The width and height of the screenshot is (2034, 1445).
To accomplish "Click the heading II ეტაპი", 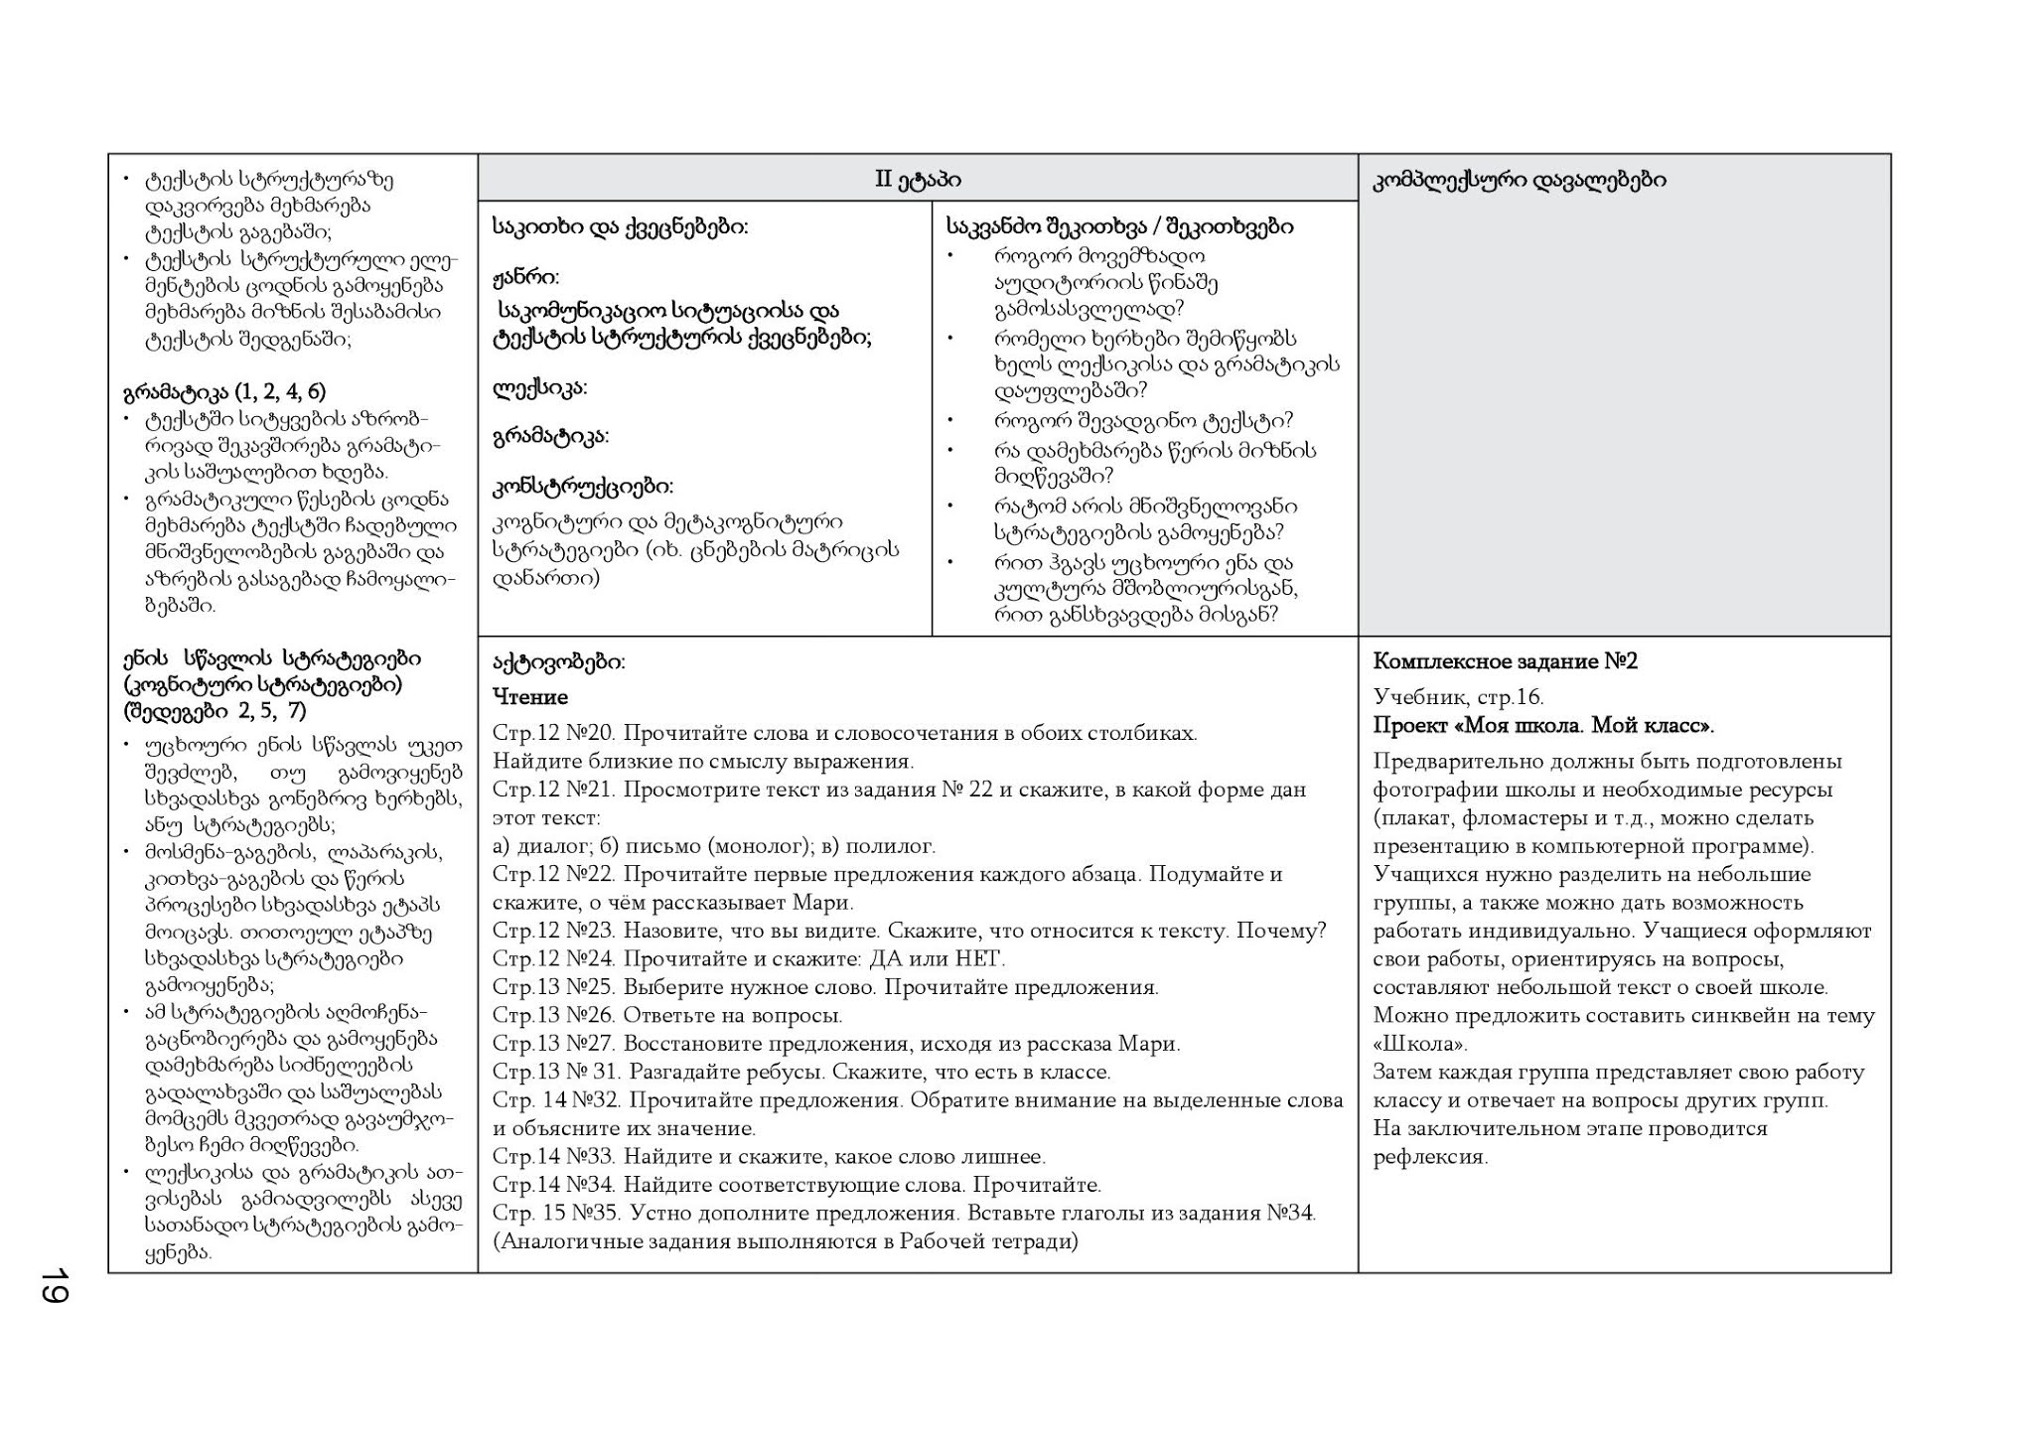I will point(918,180).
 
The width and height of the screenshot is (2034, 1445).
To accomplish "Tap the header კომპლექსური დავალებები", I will point(1520,180).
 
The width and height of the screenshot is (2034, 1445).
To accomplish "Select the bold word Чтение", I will point(530,697).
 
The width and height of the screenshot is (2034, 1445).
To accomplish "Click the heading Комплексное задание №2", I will point(1505,661).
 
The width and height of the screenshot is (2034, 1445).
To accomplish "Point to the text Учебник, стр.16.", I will point(1458,697).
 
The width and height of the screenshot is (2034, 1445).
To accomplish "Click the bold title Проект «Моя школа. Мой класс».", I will point(1543,725).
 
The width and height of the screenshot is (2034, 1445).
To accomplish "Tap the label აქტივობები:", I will point(559,662).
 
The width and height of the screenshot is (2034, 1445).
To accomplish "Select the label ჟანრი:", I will point(525,276).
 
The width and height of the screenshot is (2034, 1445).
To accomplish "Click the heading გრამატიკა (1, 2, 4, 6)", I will point(224,391).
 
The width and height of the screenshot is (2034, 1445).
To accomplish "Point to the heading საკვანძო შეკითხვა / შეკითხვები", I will point(1119,226).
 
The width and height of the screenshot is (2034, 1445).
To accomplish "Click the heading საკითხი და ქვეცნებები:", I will point(620,226).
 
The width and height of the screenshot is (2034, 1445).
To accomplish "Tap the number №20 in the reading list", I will point(591,734).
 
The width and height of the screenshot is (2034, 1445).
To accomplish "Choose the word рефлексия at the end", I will point(1429,1157).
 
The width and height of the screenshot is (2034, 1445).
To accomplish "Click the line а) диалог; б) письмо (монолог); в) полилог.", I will point(713,846).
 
